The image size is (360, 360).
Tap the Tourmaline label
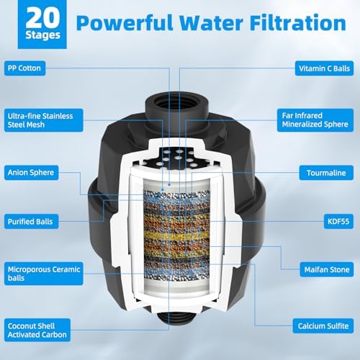point(325,173)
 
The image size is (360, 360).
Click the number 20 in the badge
point(33,19)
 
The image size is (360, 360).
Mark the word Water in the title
point(212,24)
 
